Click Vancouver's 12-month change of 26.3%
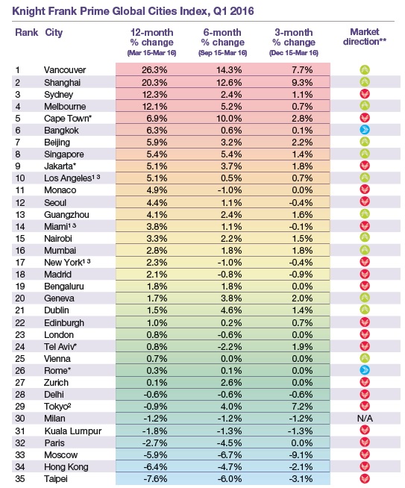(x=154, y=70)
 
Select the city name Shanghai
(x=62, y=83)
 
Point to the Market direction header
(x=365, y=37)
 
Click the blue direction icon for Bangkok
(x=365, y=130)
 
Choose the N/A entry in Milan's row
(x=365, y=419)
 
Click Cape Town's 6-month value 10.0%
(x=229, y=118)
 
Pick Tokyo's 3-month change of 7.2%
(x=302, y=407)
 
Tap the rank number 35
(x=20, y=478)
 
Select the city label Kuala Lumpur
(x=73, y=431)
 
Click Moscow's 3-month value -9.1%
(x=301, y=454)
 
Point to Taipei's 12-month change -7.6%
(x=155, y=478)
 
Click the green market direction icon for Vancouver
(x=365, y=69)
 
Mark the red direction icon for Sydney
(x=365, y=94)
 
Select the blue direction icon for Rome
(x=365, y=370)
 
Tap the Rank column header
(x=26, y=32)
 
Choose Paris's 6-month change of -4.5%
(x=230, y=443)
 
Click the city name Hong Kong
(x=66, y=467)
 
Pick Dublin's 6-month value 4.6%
(x=231, y=310)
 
